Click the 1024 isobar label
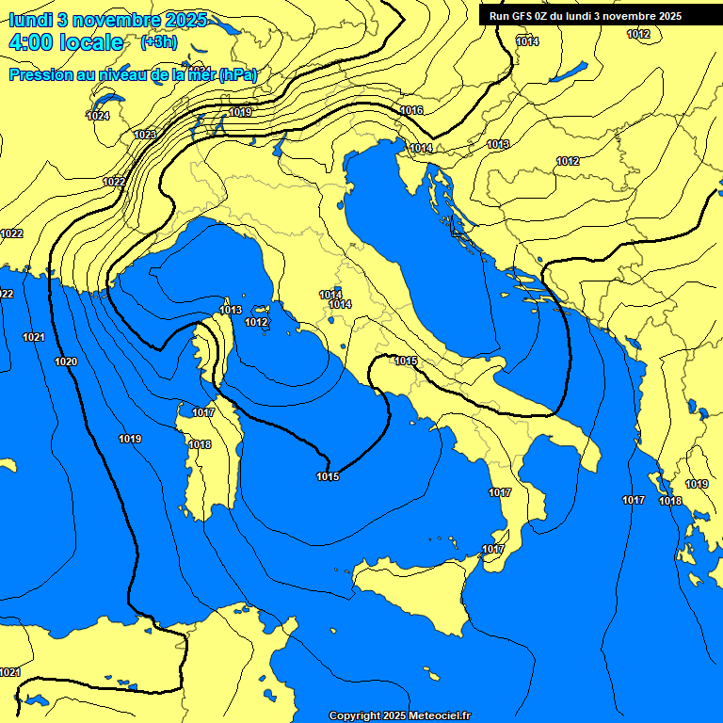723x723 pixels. pyautogui.click(x=98, y=116)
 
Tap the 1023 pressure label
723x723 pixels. pyautogui.click(x=144, y=135)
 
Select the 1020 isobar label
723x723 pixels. pyautogui.click(x=66, y=361)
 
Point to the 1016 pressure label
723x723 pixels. pyautogui.click(x=411, y=110)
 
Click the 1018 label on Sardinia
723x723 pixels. pyautogui.click(x=200, y=444)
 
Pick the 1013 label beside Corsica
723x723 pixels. pyautogui.click(x=231, y=310)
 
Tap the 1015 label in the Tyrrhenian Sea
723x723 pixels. pyautogui.click(x=328, y=476)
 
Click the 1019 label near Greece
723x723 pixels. pyautogui.click(x=697, y=484)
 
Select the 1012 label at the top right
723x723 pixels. pyautogui.click(x=638, y=34)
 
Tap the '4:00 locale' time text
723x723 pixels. pyautogui.click(x=66, y=42)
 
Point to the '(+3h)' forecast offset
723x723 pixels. pyautogui.click(x=158, y=42)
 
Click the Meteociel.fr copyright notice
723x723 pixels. pyautogui.click(x=400, y=715)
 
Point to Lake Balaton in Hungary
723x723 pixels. pyautogui.click(x=568, y=72)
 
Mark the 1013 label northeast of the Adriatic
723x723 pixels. pyautogui.click(x=498, y=144)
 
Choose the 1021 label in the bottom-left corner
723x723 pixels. pyautogui.click(x=10, y=672)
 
